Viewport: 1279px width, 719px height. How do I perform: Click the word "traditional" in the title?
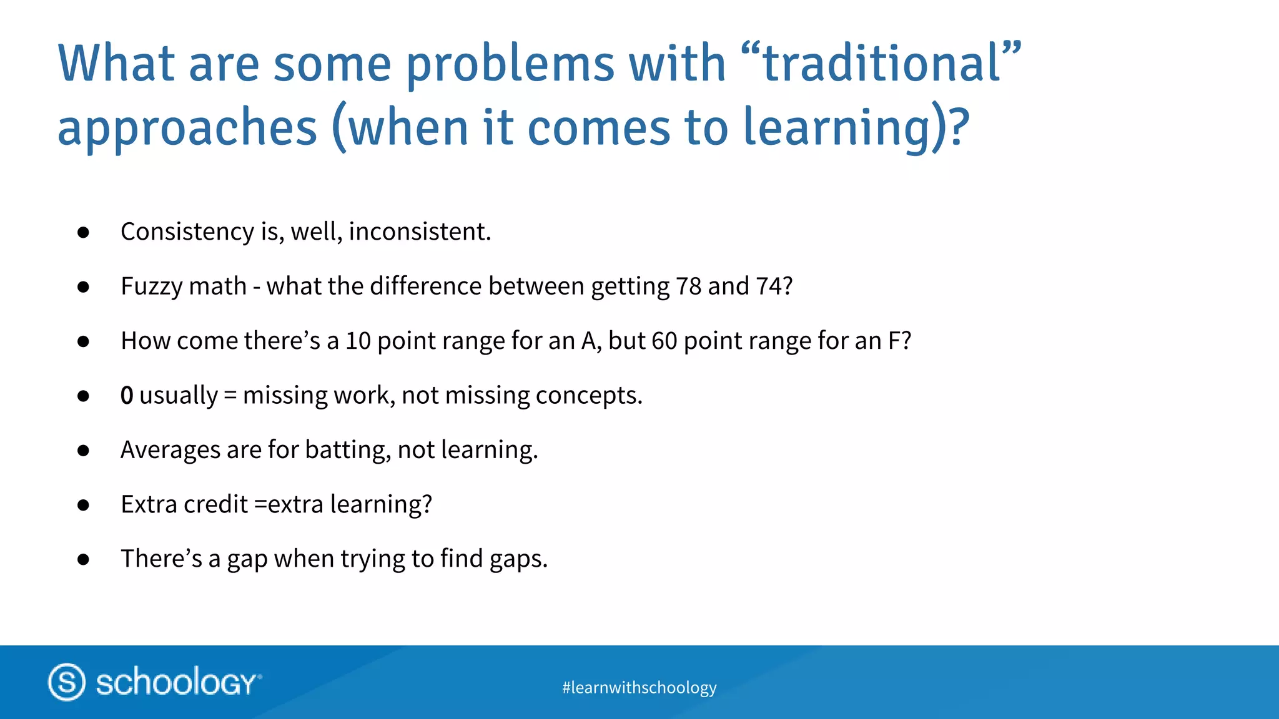pos(882,64)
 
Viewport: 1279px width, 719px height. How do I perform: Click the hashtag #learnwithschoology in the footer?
pos(639,687)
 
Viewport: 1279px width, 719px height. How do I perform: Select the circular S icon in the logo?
pos(67,682)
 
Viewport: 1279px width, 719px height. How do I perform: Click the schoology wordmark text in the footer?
pos(177,682)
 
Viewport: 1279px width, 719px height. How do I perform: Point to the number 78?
pos(689,286)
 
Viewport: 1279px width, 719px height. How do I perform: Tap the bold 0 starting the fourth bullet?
pos(127,396)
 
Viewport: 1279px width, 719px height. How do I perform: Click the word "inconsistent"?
pos(419,232)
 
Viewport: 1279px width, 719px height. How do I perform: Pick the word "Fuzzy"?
pos(152,286)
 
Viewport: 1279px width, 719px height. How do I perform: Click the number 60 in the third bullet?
pos(664,341)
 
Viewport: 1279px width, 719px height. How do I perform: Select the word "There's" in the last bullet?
pos(161,559)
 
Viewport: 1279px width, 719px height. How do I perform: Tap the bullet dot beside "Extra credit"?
pos(84,505)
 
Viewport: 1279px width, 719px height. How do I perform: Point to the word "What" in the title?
pos(116,64)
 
